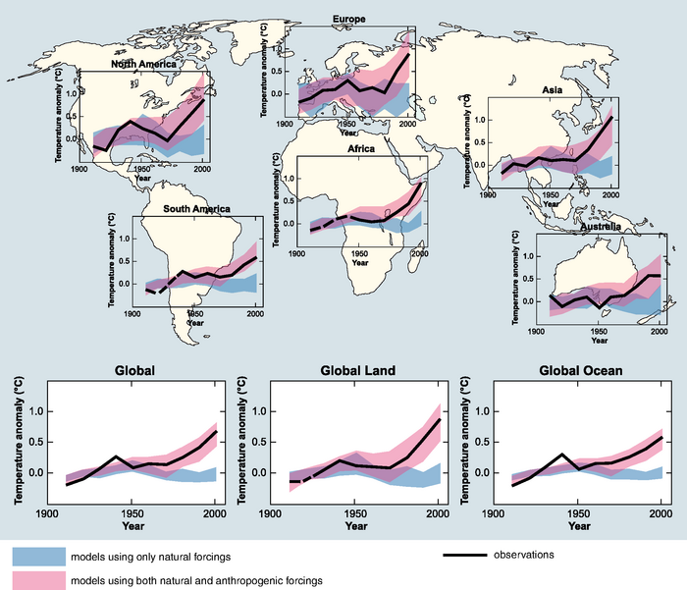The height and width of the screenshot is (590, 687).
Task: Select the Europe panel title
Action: pyautogui.click(x=348, y=19)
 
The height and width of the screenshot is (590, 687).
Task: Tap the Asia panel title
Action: pyautogui.click(x=553, y=90)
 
